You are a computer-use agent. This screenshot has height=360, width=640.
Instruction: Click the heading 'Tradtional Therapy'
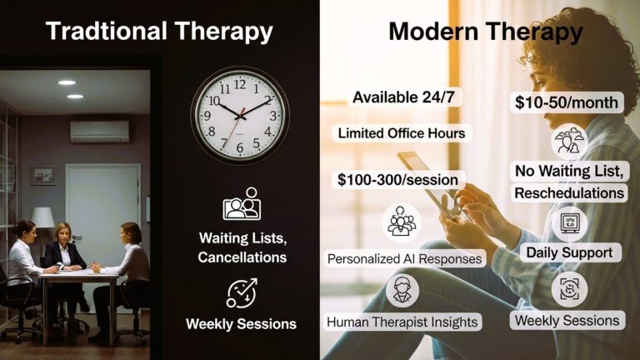(x=159, y=32)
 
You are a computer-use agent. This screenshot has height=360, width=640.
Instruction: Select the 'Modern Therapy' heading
(x=485, y=32)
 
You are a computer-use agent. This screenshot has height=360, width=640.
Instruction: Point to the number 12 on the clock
(x=240, y=84)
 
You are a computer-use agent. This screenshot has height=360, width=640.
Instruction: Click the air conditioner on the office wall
(x=100, y=131)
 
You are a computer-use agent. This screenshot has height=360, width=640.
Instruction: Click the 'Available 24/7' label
(x=407, y=97)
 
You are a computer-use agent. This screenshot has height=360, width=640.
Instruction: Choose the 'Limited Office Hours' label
(x=401, y=133)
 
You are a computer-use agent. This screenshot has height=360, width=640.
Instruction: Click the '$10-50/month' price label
(x=566, y=102)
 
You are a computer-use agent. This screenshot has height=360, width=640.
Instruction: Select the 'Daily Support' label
(x=569, y=251)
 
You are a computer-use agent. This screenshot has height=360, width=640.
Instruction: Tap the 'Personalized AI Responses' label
(x=405, y=258)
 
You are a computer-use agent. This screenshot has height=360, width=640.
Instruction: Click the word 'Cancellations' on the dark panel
(x=242, y=257)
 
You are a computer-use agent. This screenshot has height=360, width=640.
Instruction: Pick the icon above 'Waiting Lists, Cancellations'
(x=242, y=205)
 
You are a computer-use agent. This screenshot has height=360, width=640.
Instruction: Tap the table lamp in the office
(x=42, y=218)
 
